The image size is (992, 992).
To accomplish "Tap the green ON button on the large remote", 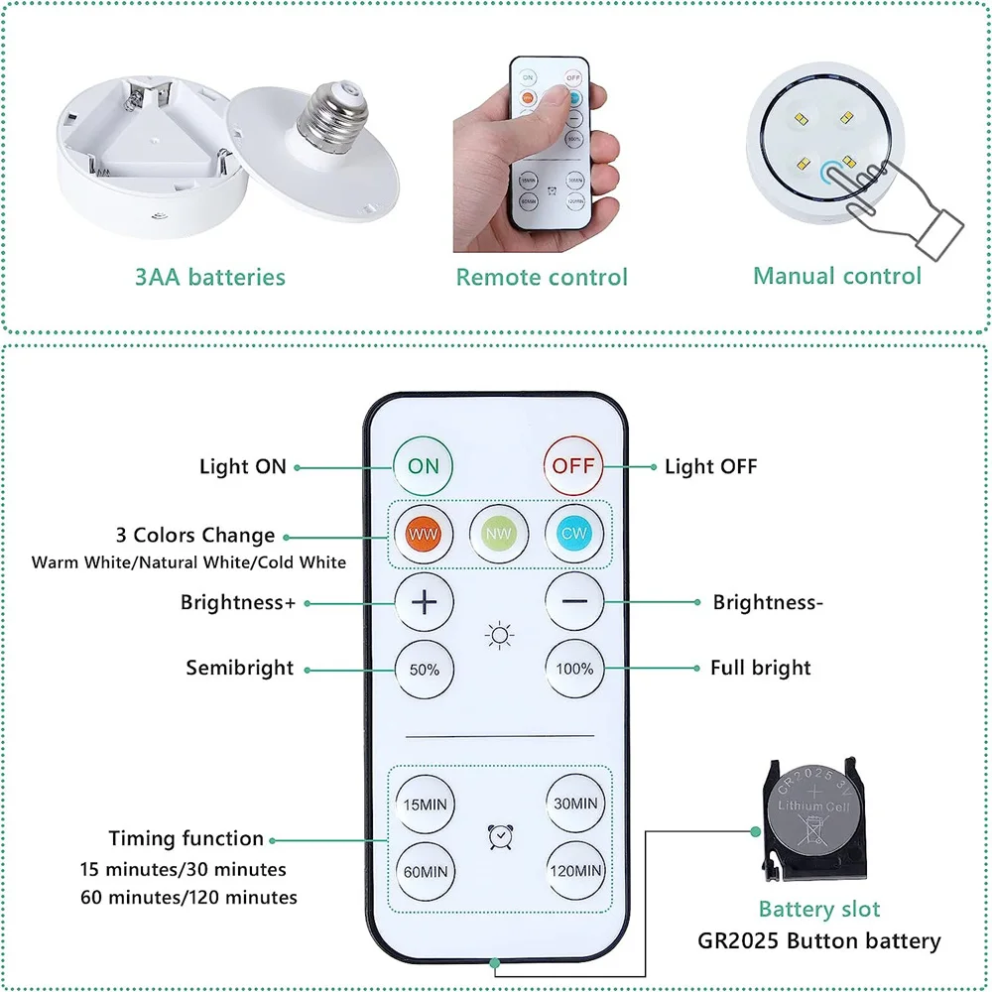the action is point(424,465).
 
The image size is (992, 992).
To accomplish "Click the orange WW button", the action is point(424,533).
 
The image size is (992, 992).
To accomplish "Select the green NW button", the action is point(499,533).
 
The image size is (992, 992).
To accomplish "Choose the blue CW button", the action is point(574,533).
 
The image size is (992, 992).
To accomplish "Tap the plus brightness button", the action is point(424,602).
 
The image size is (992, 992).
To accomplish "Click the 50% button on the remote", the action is point(424,669).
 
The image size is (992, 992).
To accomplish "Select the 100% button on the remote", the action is point(574,669).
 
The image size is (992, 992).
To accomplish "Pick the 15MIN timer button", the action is point(424,804).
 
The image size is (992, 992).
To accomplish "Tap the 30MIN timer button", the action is point(574,804).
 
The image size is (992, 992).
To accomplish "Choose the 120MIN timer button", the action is point(574,871).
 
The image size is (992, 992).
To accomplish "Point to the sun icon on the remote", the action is point(499,635).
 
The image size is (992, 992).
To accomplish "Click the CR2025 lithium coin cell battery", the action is point(812,816).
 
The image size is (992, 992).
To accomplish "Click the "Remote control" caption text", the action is point(542,278).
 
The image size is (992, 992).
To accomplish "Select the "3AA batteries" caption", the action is point(210,278).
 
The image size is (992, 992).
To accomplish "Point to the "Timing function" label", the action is point(186,839).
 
